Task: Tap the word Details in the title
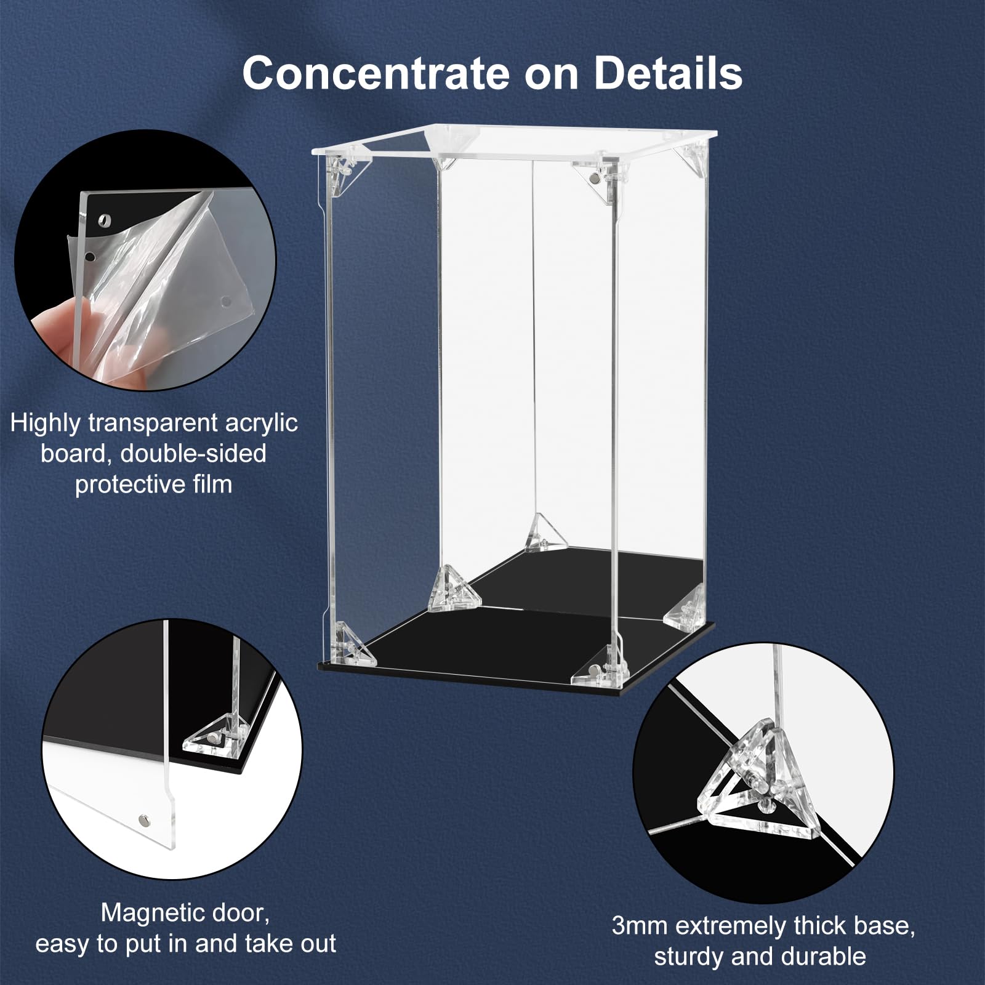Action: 668,73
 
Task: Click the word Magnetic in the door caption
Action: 146,912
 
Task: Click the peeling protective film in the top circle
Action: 179,277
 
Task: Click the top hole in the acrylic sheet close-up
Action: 105,219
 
